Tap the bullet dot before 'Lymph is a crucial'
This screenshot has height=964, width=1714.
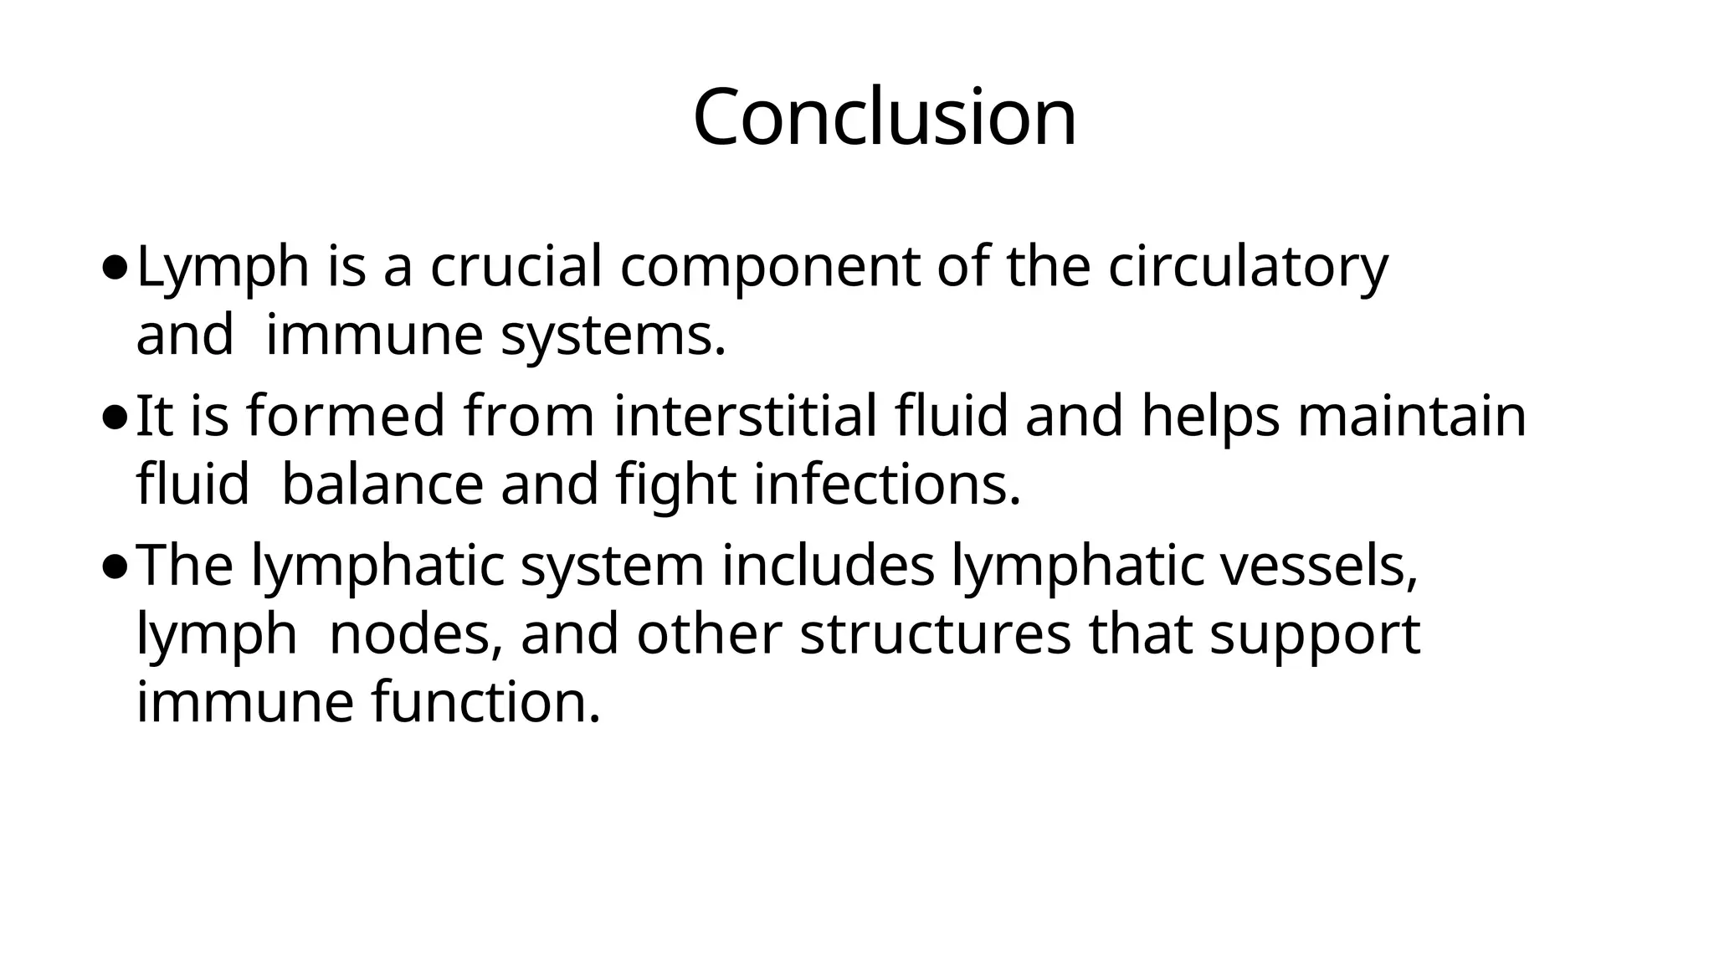coord(115,269)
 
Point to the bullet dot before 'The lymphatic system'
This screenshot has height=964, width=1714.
coord(115,568)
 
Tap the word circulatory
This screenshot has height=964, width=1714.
coord(1248,269)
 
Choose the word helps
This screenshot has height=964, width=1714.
coord(1210,418)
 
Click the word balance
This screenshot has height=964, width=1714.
coord(382,485)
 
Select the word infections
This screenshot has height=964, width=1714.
coord(886,485)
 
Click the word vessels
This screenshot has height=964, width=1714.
coord(1319,567)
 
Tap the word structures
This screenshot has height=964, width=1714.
coord(935,635)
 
